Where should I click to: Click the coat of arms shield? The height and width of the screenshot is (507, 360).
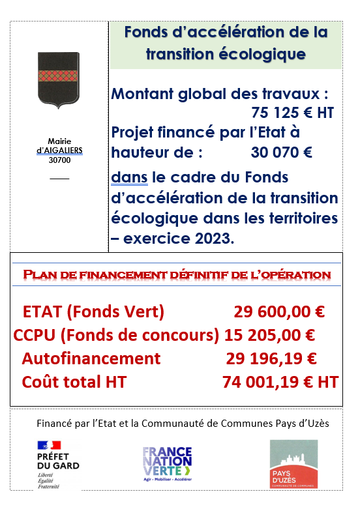point(59,79)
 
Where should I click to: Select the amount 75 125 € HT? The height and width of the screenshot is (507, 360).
point(292,113)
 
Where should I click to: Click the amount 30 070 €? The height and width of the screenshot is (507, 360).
point(281,153)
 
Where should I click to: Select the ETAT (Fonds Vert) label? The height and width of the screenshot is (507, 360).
point(93,311)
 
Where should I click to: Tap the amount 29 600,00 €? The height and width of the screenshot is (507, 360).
point(278,311)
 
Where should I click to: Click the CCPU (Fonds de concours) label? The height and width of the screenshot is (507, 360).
point(116,335)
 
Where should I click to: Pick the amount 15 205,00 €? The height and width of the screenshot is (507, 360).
point(269,335)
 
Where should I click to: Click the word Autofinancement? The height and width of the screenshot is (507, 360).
point(91,358)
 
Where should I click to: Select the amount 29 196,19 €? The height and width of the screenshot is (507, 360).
point(271,358)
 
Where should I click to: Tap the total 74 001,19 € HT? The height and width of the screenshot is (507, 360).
point(280,382)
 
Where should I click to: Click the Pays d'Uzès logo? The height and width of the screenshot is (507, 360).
point(293,464)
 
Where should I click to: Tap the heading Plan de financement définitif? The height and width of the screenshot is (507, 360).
point(176,275)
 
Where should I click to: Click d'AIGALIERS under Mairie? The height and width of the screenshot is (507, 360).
point(59,150)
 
